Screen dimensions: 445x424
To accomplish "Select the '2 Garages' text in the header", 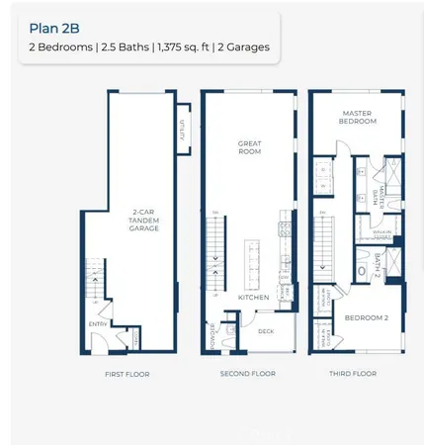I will (x=243, y=46).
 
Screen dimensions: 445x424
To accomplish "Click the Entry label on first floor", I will (x=99, y=323).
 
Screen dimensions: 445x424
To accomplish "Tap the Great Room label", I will (x=249, y=148).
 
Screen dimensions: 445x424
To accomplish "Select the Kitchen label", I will (x=254, y=297).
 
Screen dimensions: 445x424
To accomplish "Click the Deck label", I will (x=267, y=332).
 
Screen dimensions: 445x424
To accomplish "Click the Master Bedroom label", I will (x=357, y=117).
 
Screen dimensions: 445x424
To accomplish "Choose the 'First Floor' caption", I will (x=127, y=375).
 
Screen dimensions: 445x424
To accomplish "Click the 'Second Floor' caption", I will (x=248, y=375).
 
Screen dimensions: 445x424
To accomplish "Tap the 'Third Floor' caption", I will (x=354, y=375).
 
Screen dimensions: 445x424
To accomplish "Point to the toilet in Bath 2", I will (x=362, y=270).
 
